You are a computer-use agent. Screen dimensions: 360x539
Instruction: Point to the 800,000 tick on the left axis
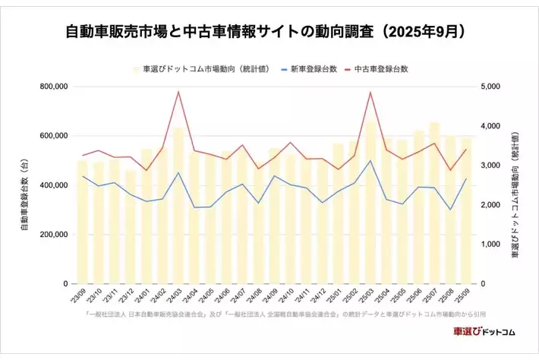pyautogui.click(x=52, y=87)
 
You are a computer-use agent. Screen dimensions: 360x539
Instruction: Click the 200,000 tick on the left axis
pyautogui.click(x=52, y=235)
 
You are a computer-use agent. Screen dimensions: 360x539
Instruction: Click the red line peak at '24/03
pyautogui.click(x=178, y=92)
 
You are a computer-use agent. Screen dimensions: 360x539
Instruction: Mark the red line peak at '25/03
pyautogui.click(x=370, y=93)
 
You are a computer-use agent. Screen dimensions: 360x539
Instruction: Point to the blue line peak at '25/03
pyautogui.click(x=370, y=161)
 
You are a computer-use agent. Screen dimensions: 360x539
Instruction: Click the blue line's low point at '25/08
pyautogui.click(x=450, y=210)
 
